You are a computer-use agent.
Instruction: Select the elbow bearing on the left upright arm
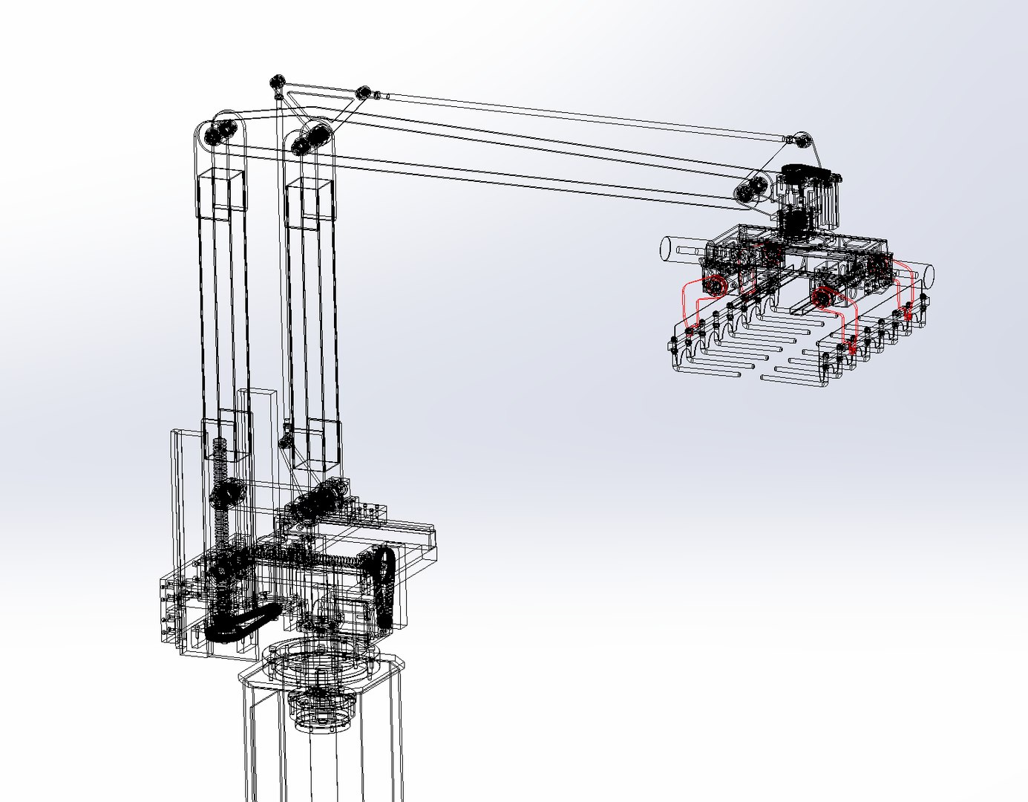pyautogui.click(x=220, y=134)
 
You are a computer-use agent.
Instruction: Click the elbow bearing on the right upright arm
pyautogui.click(x=311, y=140)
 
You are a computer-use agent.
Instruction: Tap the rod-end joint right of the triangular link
pyautogui.click(x=363, y=93)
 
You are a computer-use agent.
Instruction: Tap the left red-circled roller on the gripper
pyautogui.click(x=715, y=286)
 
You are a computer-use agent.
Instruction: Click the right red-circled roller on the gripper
pyautogui.click(x=821, y=297)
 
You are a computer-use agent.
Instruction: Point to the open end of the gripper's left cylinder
pyautogui.click(x=665, y=248)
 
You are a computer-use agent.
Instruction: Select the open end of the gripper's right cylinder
pyautogui.click(x=927, y=276)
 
